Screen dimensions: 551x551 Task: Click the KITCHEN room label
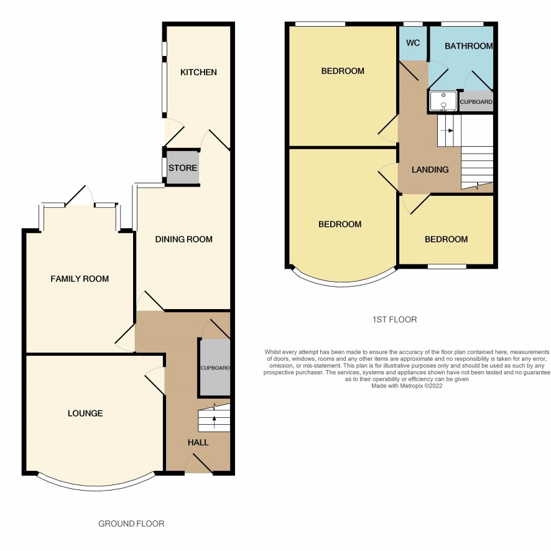[x=198, y=72]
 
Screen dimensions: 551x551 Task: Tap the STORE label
[x=182, y=168]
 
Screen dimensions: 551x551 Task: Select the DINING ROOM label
[x=184, y=239]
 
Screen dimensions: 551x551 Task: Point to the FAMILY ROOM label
[x=80, y=279]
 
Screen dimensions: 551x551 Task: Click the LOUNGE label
[x=85, y=413]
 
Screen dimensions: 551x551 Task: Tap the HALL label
[x=198, y=442]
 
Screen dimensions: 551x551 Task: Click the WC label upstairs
[x=413, y=43]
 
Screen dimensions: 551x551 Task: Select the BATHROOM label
[x=468, y=46]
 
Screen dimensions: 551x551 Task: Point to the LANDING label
[x=430, y=170]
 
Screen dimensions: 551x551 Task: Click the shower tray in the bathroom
[x=443, y=101]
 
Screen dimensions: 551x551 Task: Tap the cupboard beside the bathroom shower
[x=476, y=101]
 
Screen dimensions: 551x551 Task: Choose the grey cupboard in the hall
[x=215, y=368]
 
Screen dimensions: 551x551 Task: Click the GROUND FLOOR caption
[x=131, y=524]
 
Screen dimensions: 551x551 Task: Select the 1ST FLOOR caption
[x=395, y=320]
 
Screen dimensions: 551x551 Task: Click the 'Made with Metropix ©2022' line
[x=407, y=386]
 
